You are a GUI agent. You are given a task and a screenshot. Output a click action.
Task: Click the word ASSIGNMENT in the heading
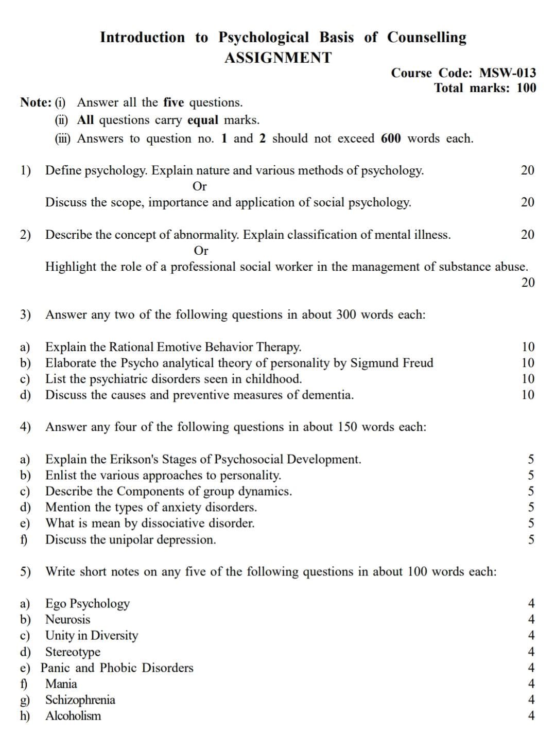[278, 58]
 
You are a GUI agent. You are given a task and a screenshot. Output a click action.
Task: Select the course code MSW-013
[507, 73]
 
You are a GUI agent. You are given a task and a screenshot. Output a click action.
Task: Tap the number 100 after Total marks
[526, 88]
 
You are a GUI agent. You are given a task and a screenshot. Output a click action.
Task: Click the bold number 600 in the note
[391, 138]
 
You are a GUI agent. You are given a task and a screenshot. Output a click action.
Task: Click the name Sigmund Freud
[392, 363]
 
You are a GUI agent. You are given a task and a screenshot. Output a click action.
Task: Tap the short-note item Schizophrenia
[80, 700]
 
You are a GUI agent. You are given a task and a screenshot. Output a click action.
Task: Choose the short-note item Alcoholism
[73, 715]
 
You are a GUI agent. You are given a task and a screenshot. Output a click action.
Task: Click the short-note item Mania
[61, 684]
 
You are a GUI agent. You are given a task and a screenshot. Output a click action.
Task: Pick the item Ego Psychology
[88, 603]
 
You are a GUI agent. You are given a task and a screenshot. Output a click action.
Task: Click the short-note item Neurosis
[67, 619]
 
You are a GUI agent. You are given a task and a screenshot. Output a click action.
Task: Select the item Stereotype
[73, 652]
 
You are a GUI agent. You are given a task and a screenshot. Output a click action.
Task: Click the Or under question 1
[199, 186]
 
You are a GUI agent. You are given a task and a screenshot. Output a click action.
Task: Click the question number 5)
[25, 571]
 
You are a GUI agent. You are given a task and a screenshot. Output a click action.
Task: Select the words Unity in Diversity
[92, 635]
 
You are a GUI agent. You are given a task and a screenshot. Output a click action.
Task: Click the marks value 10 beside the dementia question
[528, 395]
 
